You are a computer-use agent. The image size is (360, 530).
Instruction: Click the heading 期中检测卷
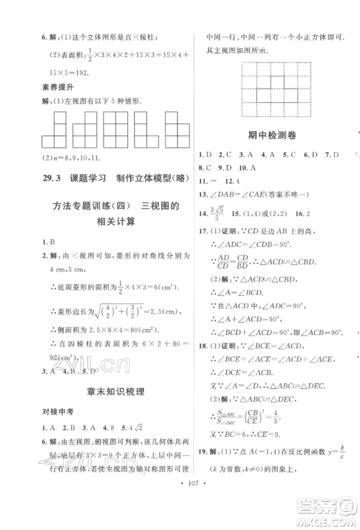[x=269, y=133]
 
